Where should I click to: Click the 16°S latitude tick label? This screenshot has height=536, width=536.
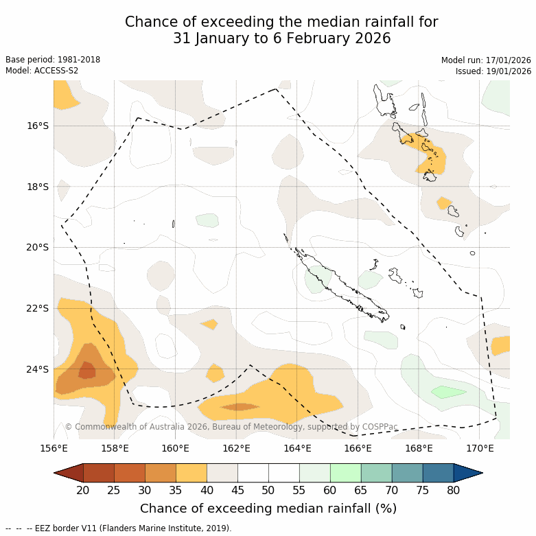click(38, 126)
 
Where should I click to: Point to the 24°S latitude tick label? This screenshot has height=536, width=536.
click(38, 369)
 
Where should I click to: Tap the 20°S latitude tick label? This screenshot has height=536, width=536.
click(38, 247)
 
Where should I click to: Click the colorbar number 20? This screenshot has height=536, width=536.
click(83, 490)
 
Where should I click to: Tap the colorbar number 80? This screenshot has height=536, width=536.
click(453, 490)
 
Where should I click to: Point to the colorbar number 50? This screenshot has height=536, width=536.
click(268, 490)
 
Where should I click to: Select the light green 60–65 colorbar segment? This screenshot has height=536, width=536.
click(345, 473)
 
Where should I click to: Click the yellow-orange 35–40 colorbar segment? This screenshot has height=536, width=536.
click(191, 473)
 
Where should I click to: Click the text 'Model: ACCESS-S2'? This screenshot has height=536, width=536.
click(42, 71)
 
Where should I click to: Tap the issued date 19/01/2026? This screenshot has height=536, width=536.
click(507, 71)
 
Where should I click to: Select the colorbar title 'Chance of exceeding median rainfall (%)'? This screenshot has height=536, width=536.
click(268, 509)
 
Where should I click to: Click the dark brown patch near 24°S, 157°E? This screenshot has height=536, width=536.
click(87, 371)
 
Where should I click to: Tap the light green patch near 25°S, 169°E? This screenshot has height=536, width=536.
click(448, 392)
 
